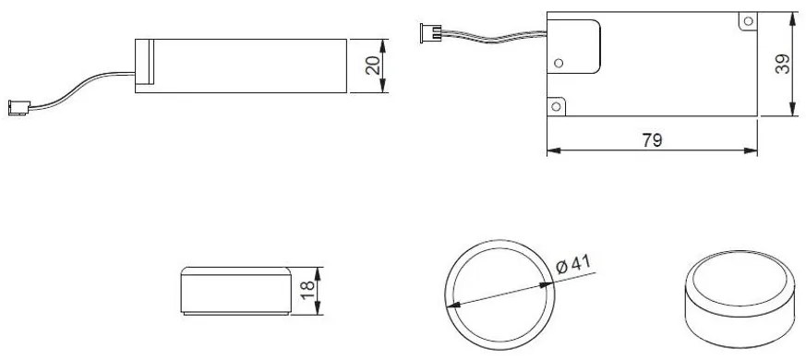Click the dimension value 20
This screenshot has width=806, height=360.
[370, 65]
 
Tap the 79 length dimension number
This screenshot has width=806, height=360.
[653, 140]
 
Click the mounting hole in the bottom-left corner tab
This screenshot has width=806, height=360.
[557, 109]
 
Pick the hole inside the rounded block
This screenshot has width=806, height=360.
[558, 63]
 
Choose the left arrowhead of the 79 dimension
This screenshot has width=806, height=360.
[551, 150]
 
